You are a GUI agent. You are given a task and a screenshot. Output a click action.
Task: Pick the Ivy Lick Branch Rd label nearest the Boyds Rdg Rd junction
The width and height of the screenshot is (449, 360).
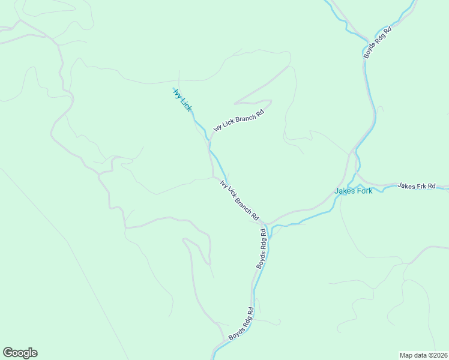pyautogui.click(x=240, y=200)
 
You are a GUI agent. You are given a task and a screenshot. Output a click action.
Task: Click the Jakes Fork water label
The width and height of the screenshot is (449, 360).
pyautogui.click(x=354, y=191)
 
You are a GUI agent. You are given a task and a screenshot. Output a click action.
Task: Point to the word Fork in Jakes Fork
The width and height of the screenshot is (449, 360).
pyautogui.click(x=364, y=191)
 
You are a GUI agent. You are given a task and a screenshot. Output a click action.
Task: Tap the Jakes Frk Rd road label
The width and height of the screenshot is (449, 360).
pyautogui.click(x=416, y=187)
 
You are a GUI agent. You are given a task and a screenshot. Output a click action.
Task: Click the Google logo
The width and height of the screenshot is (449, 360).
pyautogui.click(x=20, y=353)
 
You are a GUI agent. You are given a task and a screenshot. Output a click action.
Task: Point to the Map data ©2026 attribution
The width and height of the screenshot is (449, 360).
pyautogui.click(x=423, y=355)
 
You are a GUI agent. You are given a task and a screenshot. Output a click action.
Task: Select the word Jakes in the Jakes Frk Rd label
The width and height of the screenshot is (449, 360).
pyautogui.click(x=406, y=187)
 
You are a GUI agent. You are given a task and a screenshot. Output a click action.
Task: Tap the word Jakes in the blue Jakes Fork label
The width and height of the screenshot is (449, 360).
pyautogui.click(x=345, y=191)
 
